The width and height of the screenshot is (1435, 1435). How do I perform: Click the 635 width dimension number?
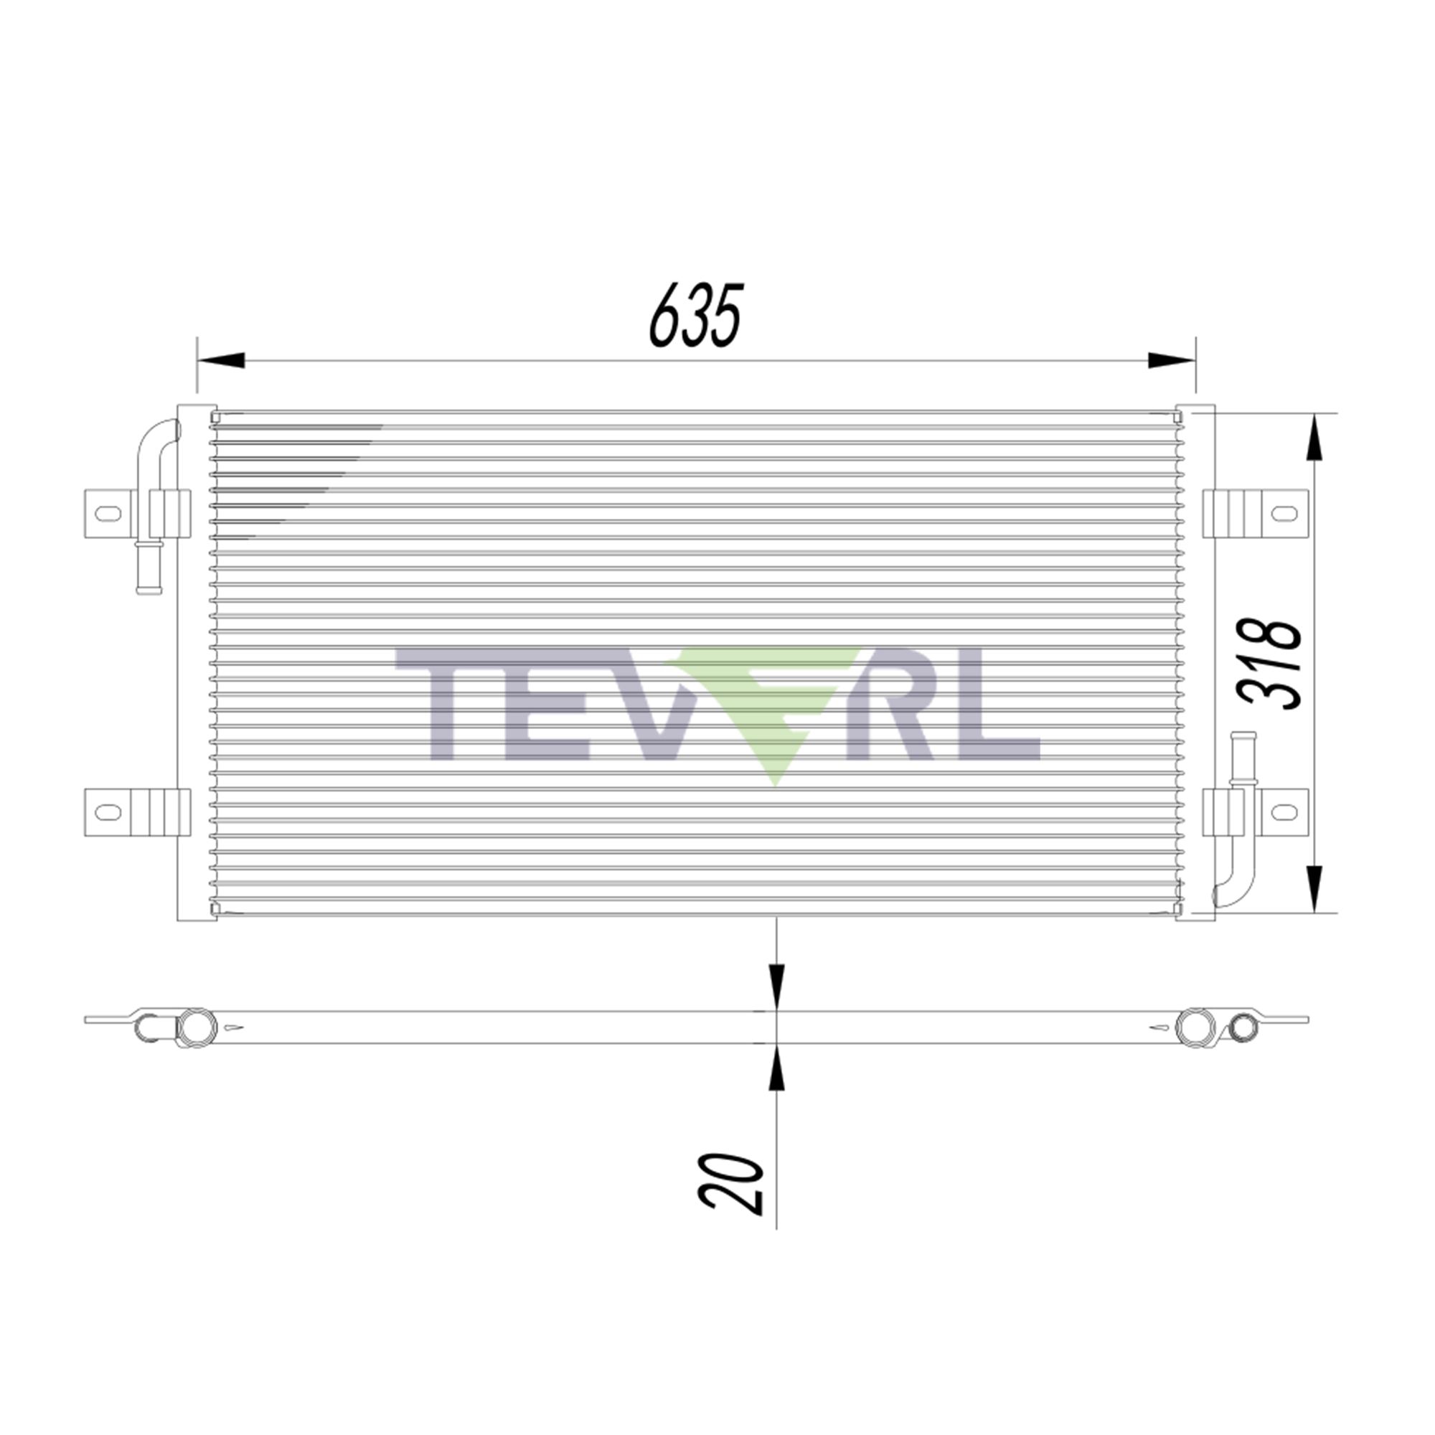pyautogui.click(x=696, y=315)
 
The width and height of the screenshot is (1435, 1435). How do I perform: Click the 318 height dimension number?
pyautogui.click(x=1269, y=663)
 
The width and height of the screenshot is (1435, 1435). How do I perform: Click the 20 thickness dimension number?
pyautogui.click(x=732, y=1195)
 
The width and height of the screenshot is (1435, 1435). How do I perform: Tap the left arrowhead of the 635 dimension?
pyautogui.click(x=220, y=360)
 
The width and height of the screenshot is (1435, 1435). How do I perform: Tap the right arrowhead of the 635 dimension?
pyautogui.click(x=1172, y=360)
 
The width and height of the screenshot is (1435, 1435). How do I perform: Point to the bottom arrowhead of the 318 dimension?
pyautogui.click(x=1314, y=888)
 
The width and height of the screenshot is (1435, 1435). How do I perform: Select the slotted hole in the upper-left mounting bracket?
pyautogui.click(x=108, y=513)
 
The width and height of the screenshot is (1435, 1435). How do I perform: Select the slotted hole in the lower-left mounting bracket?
pyautogui.click(x=108, y=811)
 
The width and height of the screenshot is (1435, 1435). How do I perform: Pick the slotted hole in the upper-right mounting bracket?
pyautogui.click(x=1284, y=513)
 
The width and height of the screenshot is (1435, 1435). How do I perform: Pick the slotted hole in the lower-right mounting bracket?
pyautogui.click(x=1284, y=811)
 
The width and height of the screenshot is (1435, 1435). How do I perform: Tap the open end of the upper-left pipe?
pyautogui.click(x=149, y=591)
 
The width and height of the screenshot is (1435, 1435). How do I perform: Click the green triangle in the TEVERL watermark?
pyautogui.click(x=773, y=713)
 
